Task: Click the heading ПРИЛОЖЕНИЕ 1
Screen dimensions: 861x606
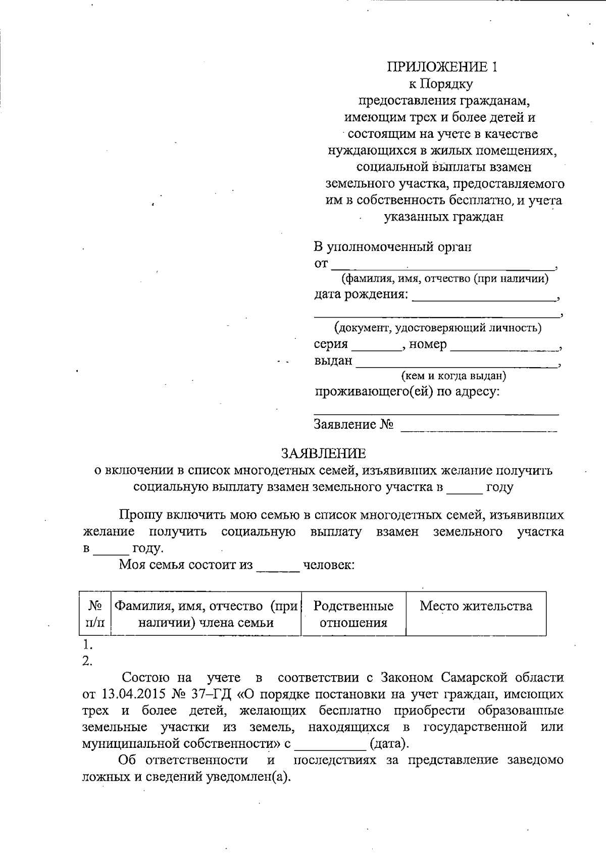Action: pyautogui.click(x=442, y=67)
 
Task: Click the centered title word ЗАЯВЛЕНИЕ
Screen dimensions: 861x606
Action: pyautogui.click(x=323, y=453)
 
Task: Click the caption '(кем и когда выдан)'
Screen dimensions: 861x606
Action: pyautogui.click(x=453, y=376)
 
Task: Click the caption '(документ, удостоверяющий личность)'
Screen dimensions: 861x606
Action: pyautogui.click(x=438, y=328)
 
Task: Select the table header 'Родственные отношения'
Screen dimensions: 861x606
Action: pyautogui.click(x=353, y=614)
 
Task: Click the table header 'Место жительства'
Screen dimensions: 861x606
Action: pyautogui.click(x=476, y=606)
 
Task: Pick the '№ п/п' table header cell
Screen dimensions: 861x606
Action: pyautogui.click(x=95, y=614)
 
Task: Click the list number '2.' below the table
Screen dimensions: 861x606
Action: pyautogui.click(x=87, y=661)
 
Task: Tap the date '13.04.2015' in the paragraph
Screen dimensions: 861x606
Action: pyautogui.click(x=132, y=694)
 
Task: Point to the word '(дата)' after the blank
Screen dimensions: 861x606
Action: pyautogui.click(x=388, y=743)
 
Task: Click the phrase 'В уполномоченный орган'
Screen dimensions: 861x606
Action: pyautogui.click(x=392, y=247)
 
